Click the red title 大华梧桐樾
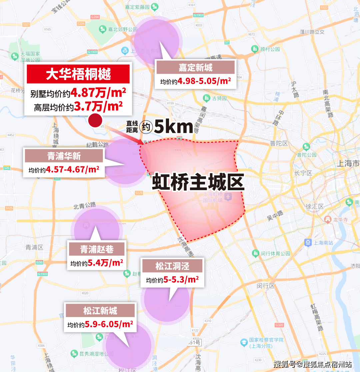point(78,74)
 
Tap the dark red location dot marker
point(95,120)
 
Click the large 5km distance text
point(174,127)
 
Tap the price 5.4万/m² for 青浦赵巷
point(105,263)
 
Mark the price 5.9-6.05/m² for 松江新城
point(109,324)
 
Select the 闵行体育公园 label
point(275,253)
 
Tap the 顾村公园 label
point(270,49)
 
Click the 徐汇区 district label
point(316,207)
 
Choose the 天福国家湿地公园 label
point(30,57)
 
